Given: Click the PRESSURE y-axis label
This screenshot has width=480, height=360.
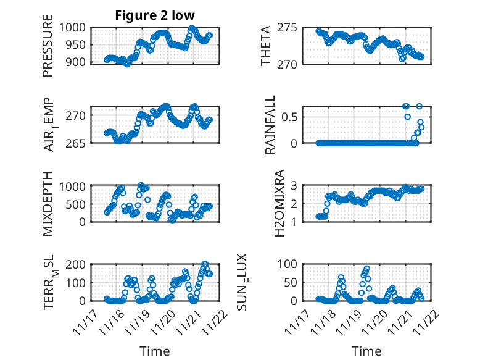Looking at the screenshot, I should [x=48, y=50].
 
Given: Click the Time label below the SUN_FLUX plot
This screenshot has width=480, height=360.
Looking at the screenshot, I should [x=366, y=351].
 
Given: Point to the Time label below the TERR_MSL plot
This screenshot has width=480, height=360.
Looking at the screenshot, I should [x=154, y=351].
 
